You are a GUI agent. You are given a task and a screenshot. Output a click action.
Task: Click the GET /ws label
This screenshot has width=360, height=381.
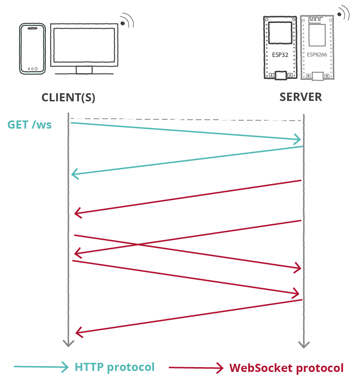(30, 125)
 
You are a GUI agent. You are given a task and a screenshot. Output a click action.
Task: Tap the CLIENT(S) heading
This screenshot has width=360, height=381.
(68, 98)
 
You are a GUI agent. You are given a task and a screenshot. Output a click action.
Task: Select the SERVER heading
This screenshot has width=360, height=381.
(301, 97)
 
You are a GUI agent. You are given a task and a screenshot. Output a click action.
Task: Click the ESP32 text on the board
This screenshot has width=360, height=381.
(280, 55)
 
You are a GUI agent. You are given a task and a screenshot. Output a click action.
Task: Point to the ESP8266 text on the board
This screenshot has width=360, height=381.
(317, 54)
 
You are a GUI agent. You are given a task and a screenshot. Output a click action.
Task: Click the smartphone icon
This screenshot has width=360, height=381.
(32, 49)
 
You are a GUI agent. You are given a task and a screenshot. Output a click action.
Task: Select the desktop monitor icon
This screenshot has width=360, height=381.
(84, 49)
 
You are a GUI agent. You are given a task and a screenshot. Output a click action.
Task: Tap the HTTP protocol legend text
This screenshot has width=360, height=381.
(115, 367)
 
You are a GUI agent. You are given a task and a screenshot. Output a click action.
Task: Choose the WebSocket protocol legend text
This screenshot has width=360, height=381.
(286, 368)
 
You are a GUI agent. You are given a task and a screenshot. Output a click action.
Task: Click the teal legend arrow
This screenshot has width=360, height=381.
(41, 367)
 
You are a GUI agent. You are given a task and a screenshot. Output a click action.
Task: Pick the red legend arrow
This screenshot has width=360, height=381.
(196, 368)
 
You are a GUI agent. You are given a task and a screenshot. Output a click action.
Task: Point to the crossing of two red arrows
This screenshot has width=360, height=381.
(138, 244)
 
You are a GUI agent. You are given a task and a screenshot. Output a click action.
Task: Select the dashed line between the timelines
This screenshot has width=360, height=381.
(186, 120)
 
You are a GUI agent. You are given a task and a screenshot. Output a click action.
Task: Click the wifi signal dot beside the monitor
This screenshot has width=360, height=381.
(123, 23)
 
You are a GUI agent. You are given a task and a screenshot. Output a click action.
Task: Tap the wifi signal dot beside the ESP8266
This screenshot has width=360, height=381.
(339, 14)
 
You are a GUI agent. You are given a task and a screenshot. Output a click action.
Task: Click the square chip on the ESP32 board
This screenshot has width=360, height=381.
(280, 33)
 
